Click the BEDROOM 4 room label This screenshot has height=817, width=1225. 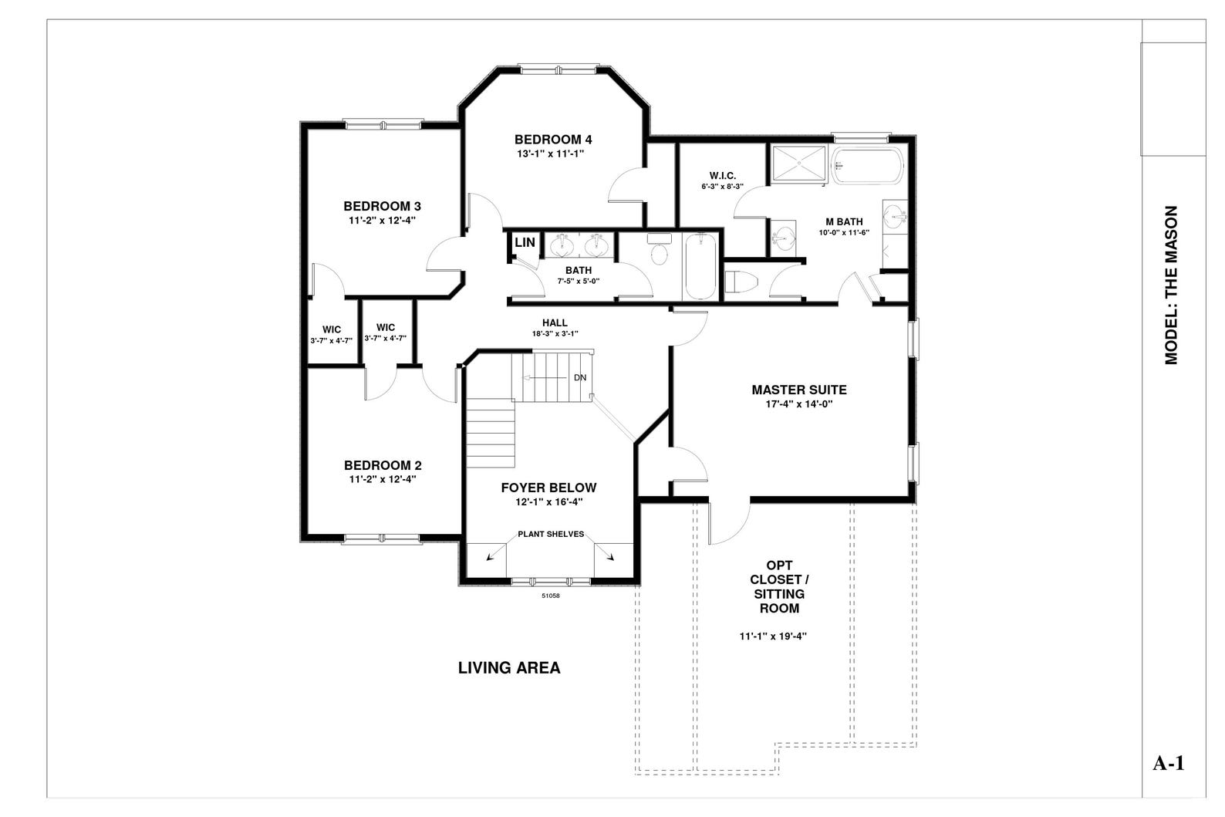(x=552, y=140)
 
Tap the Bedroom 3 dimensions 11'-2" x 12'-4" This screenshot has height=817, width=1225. (x=382, y=221)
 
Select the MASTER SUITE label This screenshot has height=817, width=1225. (x=798, y=390)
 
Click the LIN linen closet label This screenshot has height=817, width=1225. (x=525, y=242)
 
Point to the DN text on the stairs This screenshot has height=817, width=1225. (x=580, y=378)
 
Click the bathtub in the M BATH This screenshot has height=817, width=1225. (x=867, y=166)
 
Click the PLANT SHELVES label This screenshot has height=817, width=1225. (x=550, y=534)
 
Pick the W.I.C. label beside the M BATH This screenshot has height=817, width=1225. (x=722, y=176)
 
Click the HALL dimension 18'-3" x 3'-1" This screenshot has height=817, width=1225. (x=555, y=333)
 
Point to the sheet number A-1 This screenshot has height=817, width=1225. (x=1168, y=764)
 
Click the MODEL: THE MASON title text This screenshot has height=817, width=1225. (x=1171, y=285)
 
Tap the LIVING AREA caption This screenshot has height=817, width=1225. (x=509, y=668)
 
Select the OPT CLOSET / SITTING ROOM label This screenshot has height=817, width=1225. (x=778, y=587)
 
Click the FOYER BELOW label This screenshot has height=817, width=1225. (x=548, y=488)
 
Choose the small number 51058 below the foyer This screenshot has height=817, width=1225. (x=550, y=596)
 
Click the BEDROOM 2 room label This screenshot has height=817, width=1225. (x=382, y=465)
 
